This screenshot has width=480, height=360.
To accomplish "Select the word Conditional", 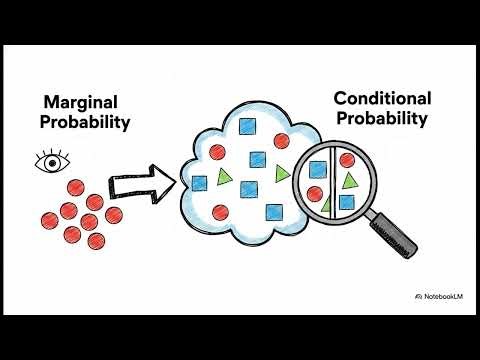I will [x=382, y=98].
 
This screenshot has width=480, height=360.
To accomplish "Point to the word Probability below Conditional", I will [x=382, y=119].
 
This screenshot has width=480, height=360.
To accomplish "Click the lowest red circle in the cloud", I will [x=221, y=211].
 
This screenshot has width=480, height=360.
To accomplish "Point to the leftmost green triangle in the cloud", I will [x=225, y=178].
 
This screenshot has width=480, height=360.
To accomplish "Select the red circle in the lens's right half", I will [x=346, y=159].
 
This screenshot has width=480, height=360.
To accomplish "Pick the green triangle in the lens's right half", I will [x=349, y=181].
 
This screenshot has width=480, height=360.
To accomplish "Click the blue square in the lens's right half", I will [x=346, y=203].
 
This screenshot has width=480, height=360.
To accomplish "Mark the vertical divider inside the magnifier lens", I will [x=332, y=180].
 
